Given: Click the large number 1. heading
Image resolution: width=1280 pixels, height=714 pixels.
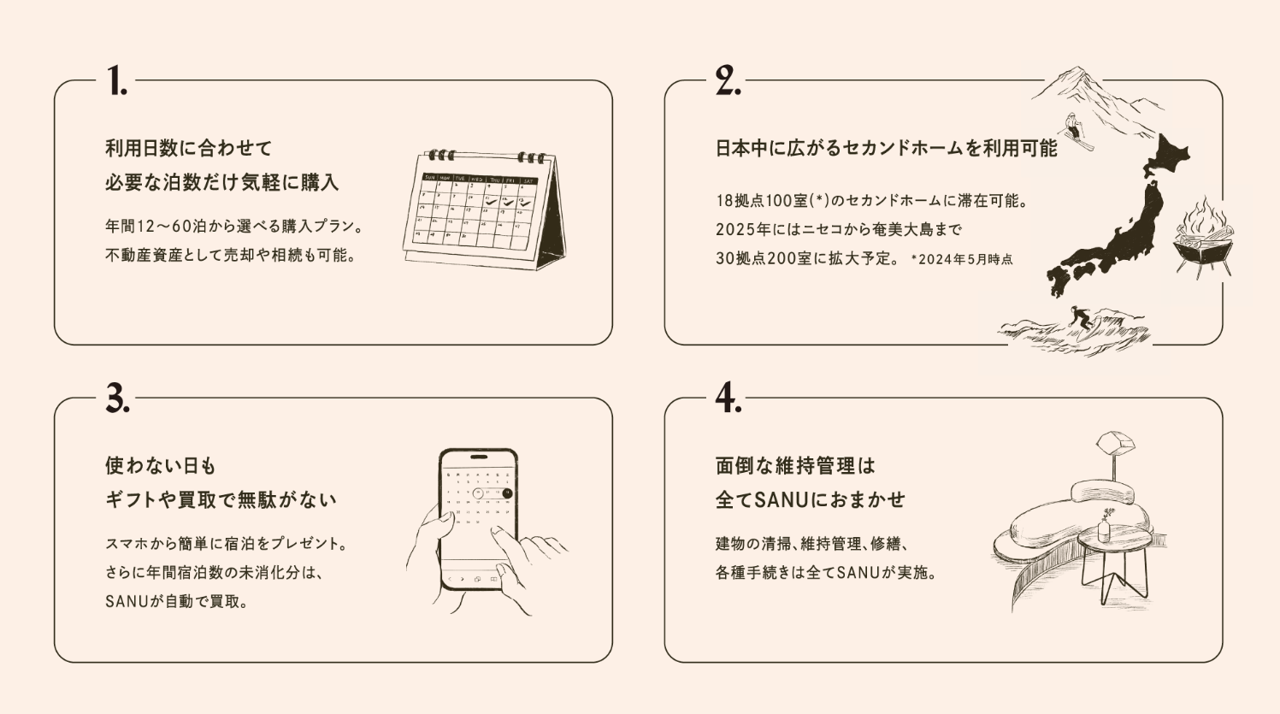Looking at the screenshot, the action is tap(116, 80).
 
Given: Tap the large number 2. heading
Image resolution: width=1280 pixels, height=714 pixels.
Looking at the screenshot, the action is tap(728, 80).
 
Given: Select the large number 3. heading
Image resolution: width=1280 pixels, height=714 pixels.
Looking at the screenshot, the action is tap(118, 398).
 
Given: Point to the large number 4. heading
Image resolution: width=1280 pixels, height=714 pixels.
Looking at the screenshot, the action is tap(728, 398).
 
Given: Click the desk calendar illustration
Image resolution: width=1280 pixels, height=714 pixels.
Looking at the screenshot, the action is tap(485, 209).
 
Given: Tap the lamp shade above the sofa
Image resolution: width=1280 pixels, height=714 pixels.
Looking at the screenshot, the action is tap(1115, 442).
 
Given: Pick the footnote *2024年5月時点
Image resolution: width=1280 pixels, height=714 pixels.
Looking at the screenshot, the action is tap(962, 260).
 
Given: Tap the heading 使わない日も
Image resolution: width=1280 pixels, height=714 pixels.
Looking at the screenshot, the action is tap(161, 466).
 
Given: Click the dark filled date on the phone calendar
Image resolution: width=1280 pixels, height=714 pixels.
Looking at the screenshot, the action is tap(507, 493).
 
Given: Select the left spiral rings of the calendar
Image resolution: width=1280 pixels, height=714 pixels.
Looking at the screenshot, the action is tap(442, 155).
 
